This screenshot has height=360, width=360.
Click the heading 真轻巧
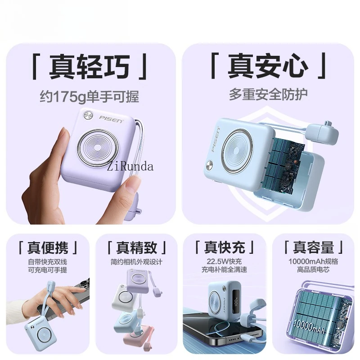coord(90,67)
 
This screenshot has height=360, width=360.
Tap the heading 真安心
coord(268,67)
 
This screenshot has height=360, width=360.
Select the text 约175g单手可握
coord(90,96)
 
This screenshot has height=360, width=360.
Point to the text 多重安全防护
coord(268,94)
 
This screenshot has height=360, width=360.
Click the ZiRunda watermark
coord(130,166)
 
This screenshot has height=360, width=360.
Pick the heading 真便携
coord(47,247)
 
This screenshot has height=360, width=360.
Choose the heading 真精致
coord(136,247)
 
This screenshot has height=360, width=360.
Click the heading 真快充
coord(224,247)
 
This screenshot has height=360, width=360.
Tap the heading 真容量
coord(313,247)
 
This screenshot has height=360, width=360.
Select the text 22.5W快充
coord(224,261)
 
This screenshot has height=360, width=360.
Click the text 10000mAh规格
coord(313,261)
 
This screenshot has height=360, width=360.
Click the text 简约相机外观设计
coord(136,261)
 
